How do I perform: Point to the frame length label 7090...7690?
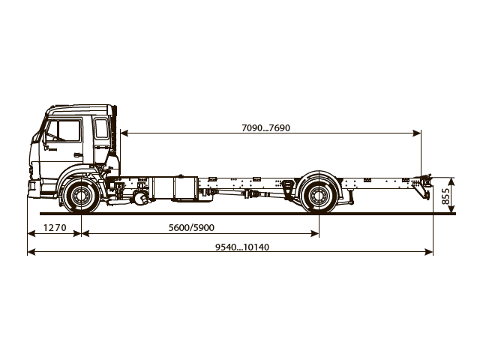click(265, 127)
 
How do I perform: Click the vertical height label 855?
click(446, 196)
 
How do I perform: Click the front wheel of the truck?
click(79, 197)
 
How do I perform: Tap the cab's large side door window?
click(64, 131)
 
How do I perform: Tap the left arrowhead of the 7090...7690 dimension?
click(122, 133)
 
